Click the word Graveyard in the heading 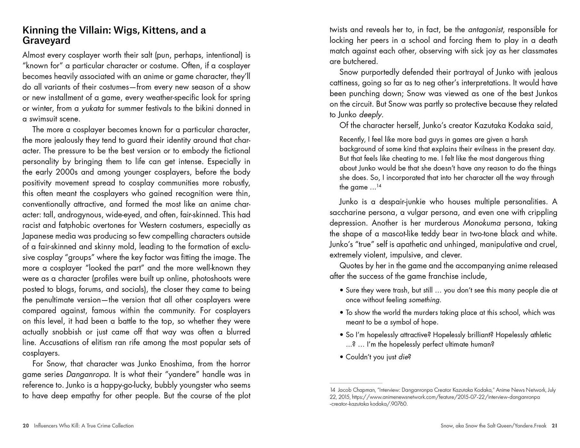pos(46,40)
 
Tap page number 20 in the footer pos(26,426)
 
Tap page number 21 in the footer pos(554,426)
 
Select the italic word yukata pos(92,108)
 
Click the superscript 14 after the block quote pos(379,185)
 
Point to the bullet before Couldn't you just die pos(342,357)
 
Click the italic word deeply pos(371,115)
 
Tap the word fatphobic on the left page pos(76,226)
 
